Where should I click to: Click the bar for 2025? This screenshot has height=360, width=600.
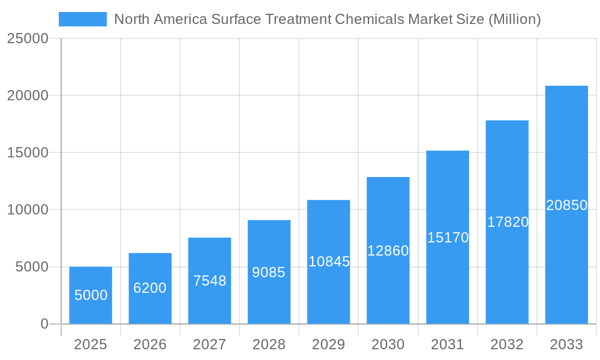click(x=91, y=295)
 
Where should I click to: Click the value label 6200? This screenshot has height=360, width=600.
click(x=150, y=288)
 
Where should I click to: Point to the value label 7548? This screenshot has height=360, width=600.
click(x=209, y=280)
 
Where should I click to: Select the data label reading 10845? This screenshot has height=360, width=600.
click(x=329, y=262)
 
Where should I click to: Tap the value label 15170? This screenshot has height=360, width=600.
click(x=448, y=238)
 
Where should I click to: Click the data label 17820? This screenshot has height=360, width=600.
click(x=508, y=222)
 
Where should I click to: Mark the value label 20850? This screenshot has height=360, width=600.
click(x=566, y=205)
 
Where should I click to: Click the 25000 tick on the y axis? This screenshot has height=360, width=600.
click(x=28, y=38)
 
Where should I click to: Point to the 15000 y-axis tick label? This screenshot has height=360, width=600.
click(x=28, y=152)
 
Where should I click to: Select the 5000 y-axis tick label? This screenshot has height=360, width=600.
click(x=32, y=267)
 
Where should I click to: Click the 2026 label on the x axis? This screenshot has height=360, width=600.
click(x=150, y=344)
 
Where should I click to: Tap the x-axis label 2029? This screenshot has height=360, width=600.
click(x=329, y=344)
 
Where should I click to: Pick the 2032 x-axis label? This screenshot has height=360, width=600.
click(x=507, y=344)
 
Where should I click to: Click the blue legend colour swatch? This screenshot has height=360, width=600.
click(x=82, y=19)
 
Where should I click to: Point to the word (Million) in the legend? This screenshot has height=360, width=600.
click(x=514, y=19)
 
